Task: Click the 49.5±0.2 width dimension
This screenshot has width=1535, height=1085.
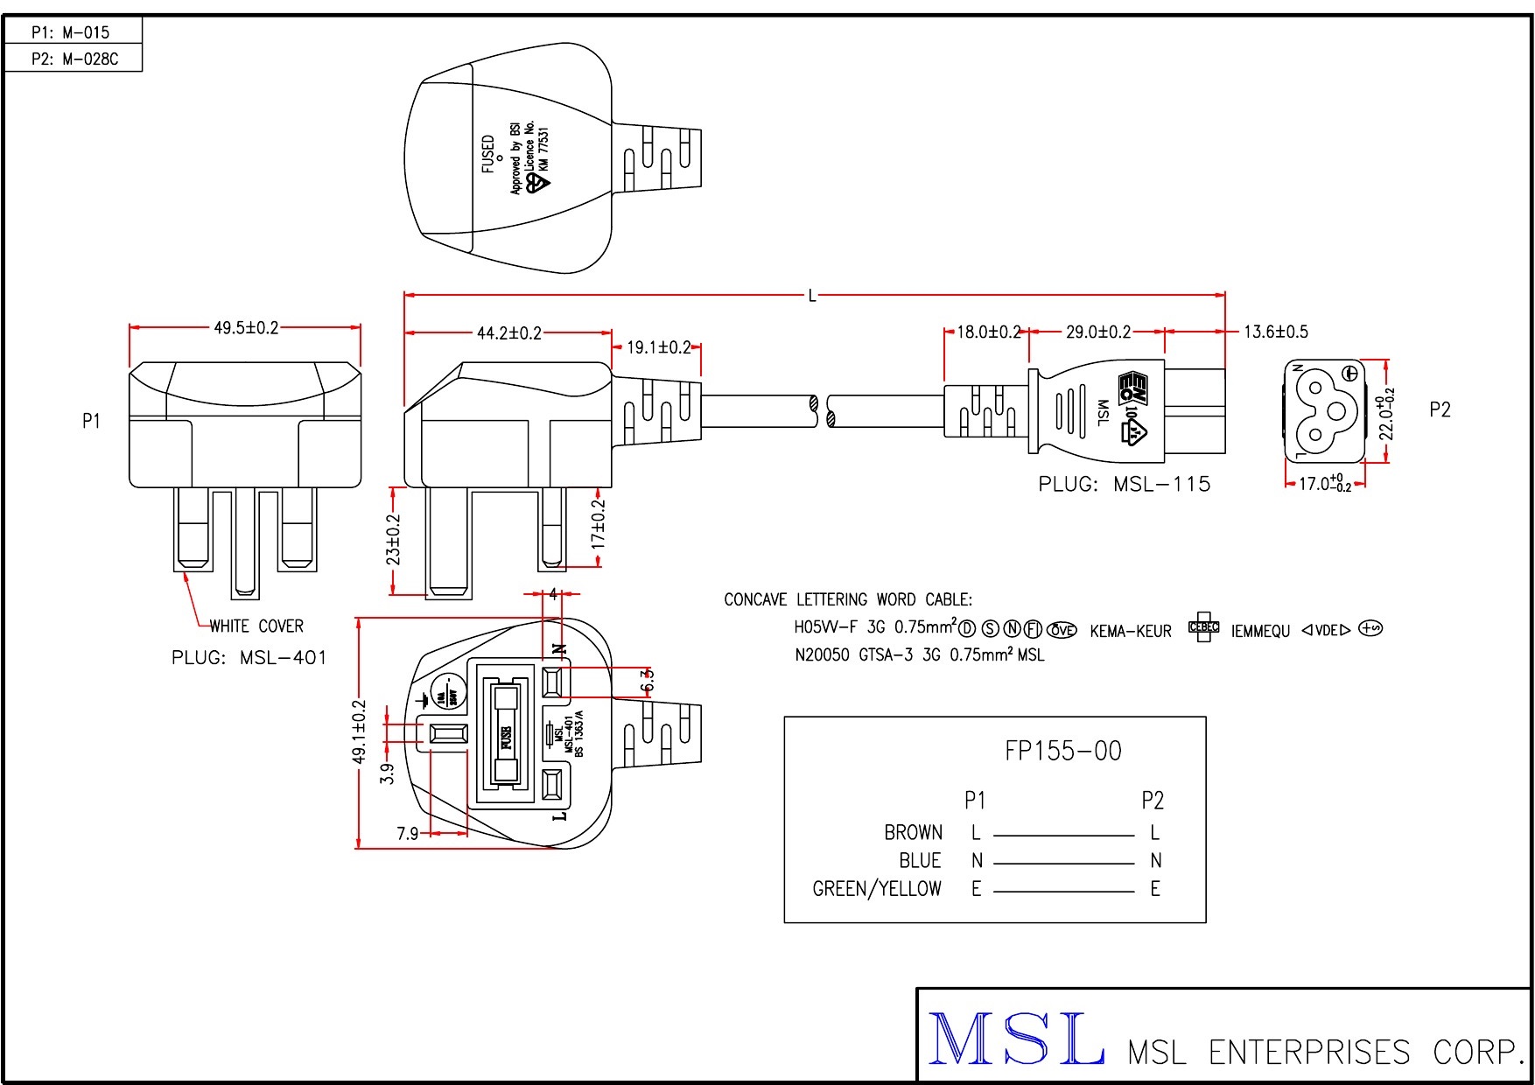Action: click(x=246, y=328)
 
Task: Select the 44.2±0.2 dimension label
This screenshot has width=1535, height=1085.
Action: click(x=508, y=333)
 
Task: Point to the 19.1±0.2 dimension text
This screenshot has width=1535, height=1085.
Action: click(x=658, y=347)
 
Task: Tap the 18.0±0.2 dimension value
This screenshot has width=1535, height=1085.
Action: click(x=988, y=332)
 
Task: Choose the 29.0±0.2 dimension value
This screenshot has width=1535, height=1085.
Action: click(x=1097, y=332)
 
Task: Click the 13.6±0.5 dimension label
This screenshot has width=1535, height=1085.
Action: click(x=1275, y=332)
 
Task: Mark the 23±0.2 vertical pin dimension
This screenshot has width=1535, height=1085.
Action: click(x=394, y=539)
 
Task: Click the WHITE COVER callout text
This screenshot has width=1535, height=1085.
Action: click(x=256, y=626)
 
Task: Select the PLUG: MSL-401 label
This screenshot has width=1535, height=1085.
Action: click(x=249, y=658)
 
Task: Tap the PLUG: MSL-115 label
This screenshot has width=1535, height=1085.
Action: click(x=1124, y=485)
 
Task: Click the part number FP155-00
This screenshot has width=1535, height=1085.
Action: click(x=1062, y=751)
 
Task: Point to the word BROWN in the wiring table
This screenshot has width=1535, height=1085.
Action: click(x=913, y=832)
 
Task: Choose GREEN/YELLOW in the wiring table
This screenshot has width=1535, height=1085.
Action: click(x=877, y=889)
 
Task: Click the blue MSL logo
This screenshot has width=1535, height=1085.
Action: click(x=1015, y=1039)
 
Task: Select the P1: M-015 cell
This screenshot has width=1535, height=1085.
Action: click(x=71, y=33)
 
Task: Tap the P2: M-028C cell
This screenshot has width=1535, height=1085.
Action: click(x=74, y=59)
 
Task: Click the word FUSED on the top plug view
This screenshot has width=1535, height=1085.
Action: click(x=488, y=153)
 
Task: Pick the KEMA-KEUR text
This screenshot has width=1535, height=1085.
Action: click(x=1130, y=631)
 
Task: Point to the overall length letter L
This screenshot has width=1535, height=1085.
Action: click(x=812, y=296)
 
